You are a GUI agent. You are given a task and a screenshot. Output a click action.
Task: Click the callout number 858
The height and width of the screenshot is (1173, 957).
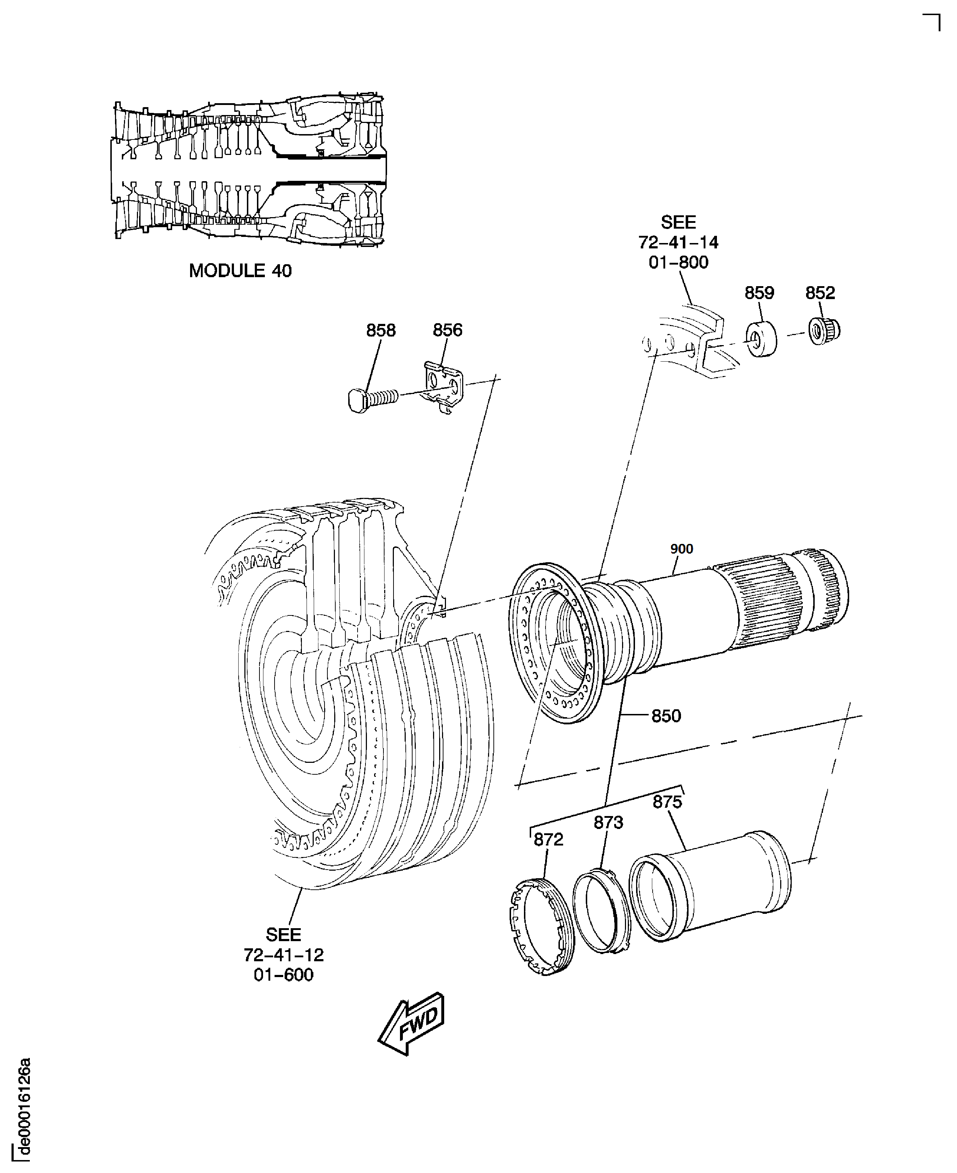381,330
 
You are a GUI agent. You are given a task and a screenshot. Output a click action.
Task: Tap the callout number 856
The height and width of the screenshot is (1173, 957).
447,330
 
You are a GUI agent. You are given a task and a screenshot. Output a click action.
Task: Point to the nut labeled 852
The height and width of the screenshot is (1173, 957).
824,330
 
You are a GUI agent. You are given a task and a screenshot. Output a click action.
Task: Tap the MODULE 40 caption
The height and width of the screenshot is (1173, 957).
240,270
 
